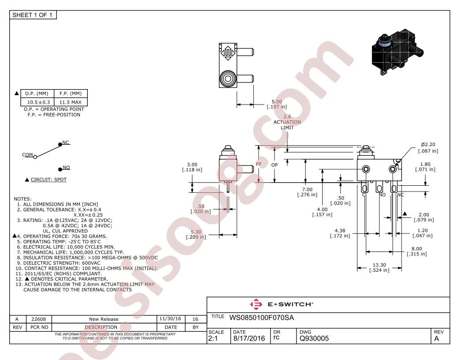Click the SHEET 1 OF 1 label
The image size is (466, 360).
pos(32,15)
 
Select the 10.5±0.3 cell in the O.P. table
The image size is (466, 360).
pos(37,102)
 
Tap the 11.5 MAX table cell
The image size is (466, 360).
pos(71,102)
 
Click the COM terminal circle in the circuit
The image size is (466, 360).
pos(35,157)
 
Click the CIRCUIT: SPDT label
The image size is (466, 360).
pos(49,180)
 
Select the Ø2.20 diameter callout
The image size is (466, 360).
pos(428,148)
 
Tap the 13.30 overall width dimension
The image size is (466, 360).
pos(379,267)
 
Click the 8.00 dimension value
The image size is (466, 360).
pos(417,251)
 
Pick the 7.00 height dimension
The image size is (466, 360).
pos(307,192)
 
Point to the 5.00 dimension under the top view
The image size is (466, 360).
pos(277,104)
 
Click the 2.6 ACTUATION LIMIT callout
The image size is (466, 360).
pos(287,122)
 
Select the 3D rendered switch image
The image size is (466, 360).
pos(398,52)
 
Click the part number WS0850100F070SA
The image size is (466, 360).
pos(262,318)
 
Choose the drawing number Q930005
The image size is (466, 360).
pos(314,338)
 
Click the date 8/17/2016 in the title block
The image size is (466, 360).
pos(249,338)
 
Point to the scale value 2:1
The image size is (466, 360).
pos(213,338)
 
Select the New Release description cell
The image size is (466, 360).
pos(104,319)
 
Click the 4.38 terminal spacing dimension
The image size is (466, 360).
pos(340,233)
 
